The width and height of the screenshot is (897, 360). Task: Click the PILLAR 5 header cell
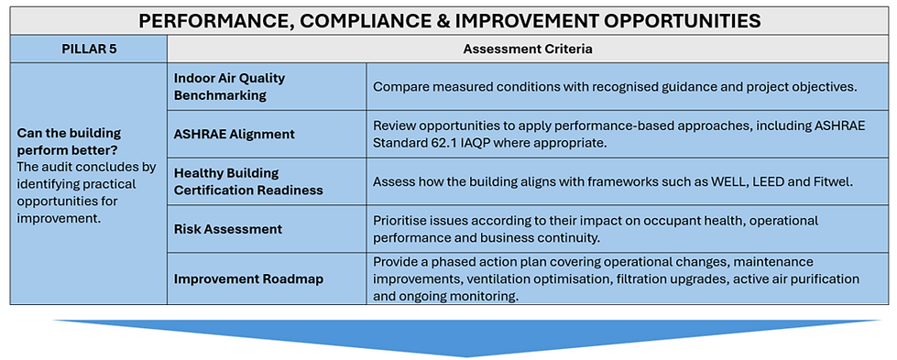click(x=89, y=49)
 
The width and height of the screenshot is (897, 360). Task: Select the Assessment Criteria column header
click(x=528, y=49)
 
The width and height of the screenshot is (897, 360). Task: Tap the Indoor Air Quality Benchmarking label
click(x=229, y=86)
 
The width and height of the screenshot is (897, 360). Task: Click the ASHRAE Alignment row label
click(x=234, y=134)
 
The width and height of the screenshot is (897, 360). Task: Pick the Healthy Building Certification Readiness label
click(x=248, y=181)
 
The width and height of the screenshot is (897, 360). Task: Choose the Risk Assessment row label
click(x=227, y=229)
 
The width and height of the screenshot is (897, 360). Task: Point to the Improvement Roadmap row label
click(x=249, y=279)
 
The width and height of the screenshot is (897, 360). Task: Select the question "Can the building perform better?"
click(x=70, y=141)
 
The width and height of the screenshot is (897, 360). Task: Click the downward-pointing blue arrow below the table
click(x=466, y=338)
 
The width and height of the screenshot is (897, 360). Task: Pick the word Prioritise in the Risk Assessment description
click(x=398, y=221)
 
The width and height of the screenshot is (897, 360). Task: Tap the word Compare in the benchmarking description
click(x=396, y=88)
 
